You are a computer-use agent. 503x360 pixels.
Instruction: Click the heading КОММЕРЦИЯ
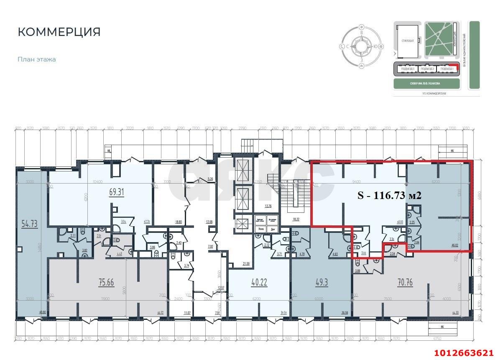pyautogui.click(x=59, y=32)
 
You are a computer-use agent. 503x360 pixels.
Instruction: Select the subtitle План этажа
pyautogui.click(x=36, y=59)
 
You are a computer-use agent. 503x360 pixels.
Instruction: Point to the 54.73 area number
pyautogui.click(x=29, y=224)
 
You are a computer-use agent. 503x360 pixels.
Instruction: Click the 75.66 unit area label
pyautogui.click(x=106, y=283)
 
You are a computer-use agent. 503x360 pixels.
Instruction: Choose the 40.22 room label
pyautogui.click(x=260, y=283)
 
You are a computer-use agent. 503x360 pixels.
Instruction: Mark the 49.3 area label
pyautogui.click(x=321, y=283)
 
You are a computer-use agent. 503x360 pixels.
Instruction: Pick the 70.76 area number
pyautogui.click(x=405, y=283)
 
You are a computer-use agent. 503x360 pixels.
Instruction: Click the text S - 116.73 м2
pyautogui.click(x=389, y=195)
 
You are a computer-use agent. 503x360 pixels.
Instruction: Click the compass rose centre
pyautogui.click(x=361, y=46)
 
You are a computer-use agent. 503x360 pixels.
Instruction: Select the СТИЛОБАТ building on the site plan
pyautogui.click(x=407, y=41)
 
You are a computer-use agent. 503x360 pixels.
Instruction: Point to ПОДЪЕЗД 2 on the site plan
pyautogui.click(x=427, y=69)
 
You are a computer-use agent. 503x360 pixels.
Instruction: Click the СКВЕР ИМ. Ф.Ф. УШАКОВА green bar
pyautogui.click(x=427, y=84)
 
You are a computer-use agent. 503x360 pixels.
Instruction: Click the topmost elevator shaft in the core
pyautogui.click(x=243, y=171)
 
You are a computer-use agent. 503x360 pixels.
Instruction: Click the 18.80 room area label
pyautogui.click(x=179, y=222)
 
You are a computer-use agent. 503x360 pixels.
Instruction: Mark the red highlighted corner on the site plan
pyautogui.click(x=457, y=66)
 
